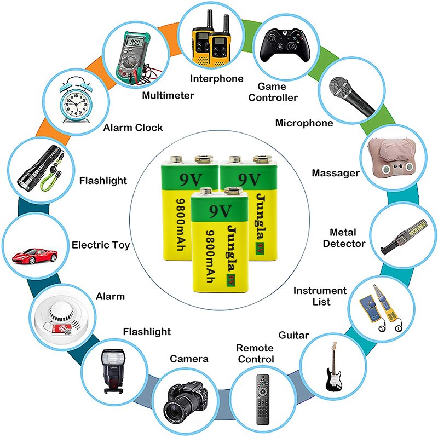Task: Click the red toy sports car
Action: pos(34,255)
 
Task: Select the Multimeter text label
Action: pos(168,96)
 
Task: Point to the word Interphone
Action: pos(216,79)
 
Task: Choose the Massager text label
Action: pos(336,173)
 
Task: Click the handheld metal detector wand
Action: pos(406,232)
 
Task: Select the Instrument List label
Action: pos(320,296)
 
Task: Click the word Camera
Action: pos(189,359)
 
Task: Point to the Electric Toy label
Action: pos(101,245)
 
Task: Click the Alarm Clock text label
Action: pos(133,128)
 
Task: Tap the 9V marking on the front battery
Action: pos(218,209)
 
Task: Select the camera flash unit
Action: pos(113,370)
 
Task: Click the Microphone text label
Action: pos(304,123)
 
